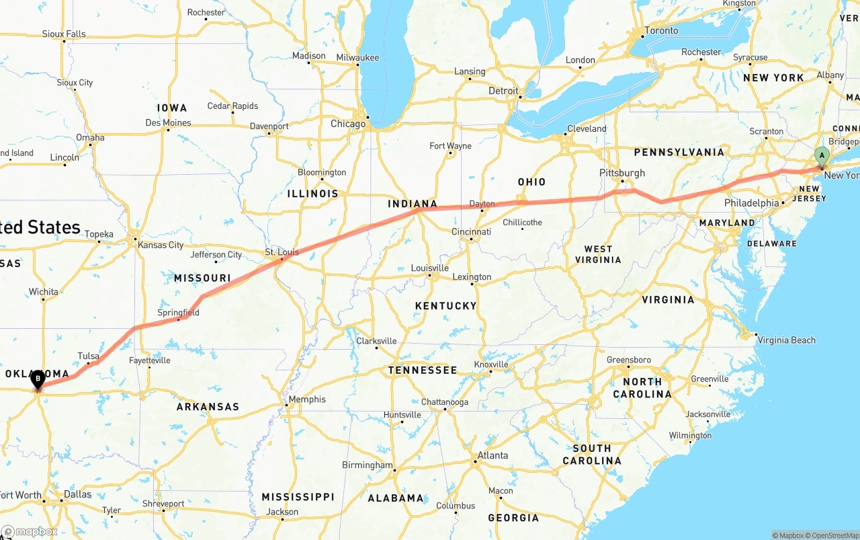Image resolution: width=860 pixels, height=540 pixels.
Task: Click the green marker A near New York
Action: (821, 155)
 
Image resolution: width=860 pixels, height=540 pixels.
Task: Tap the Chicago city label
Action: (348, 124)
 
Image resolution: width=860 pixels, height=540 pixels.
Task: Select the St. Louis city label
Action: (282, 252)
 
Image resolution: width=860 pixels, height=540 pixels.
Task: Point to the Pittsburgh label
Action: (622, 173)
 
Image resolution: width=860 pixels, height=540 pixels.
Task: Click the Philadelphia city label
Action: (751, 203)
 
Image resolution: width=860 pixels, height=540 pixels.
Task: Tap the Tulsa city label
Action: (88, 356)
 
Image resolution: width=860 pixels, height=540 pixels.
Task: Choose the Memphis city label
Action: (307, 399)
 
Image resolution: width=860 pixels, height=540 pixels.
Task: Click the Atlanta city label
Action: (492, 455)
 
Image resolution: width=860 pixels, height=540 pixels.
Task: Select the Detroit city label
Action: (503, 91)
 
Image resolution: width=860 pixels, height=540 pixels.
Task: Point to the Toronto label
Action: (662, 30)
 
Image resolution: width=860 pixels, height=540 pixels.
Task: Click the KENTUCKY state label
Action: (445, 305)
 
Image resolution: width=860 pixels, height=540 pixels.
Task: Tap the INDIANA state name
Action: (413, 204)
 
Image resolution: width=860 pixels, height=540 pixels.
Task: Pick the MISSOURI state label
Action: (202, 278)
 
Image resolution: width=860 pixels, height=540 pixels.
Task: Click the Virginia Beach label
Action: (786, 340)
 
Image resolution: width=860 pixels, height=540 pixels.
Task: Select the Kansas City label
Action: (161, 245)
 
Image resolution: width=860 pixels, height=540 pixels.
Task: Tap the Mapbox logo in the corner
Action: (29, 531)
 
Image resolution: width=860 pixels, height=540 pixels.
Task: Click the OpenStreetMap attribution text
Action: (833, 535)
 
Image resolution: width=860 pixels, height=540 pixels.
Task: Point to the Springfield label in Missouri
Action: (178, 313)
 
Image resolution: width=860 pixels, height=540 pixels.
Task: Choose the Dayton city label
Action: (482, 204)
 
